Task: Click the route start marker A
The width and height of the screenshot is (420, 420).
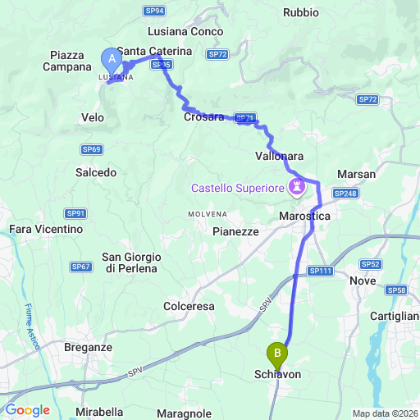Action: tap(109, 59)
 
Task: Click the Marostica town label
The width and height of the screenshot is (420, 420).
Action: tap(304, 215)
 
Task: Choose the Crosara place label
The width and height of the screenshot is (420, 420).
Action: tap(204, 117)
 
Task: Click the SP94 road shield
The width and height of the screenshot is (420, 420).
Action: tap(155, 11)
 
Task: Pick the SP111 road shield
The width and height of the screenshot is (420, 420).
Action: tap(320, 271)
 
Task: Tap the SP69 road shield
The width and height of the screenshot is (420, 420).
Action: tap(91, 149)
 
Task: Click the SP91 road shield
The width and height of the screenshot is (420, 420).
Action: tap(76, 213)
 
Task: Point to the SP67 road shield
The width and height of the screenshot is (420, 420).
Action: tap(80, 267)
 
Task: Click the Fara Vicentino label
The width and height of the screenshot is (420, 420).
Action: tap(46, 230)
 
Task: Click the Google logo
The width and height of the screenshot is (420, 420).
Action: tap(28, 410)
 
